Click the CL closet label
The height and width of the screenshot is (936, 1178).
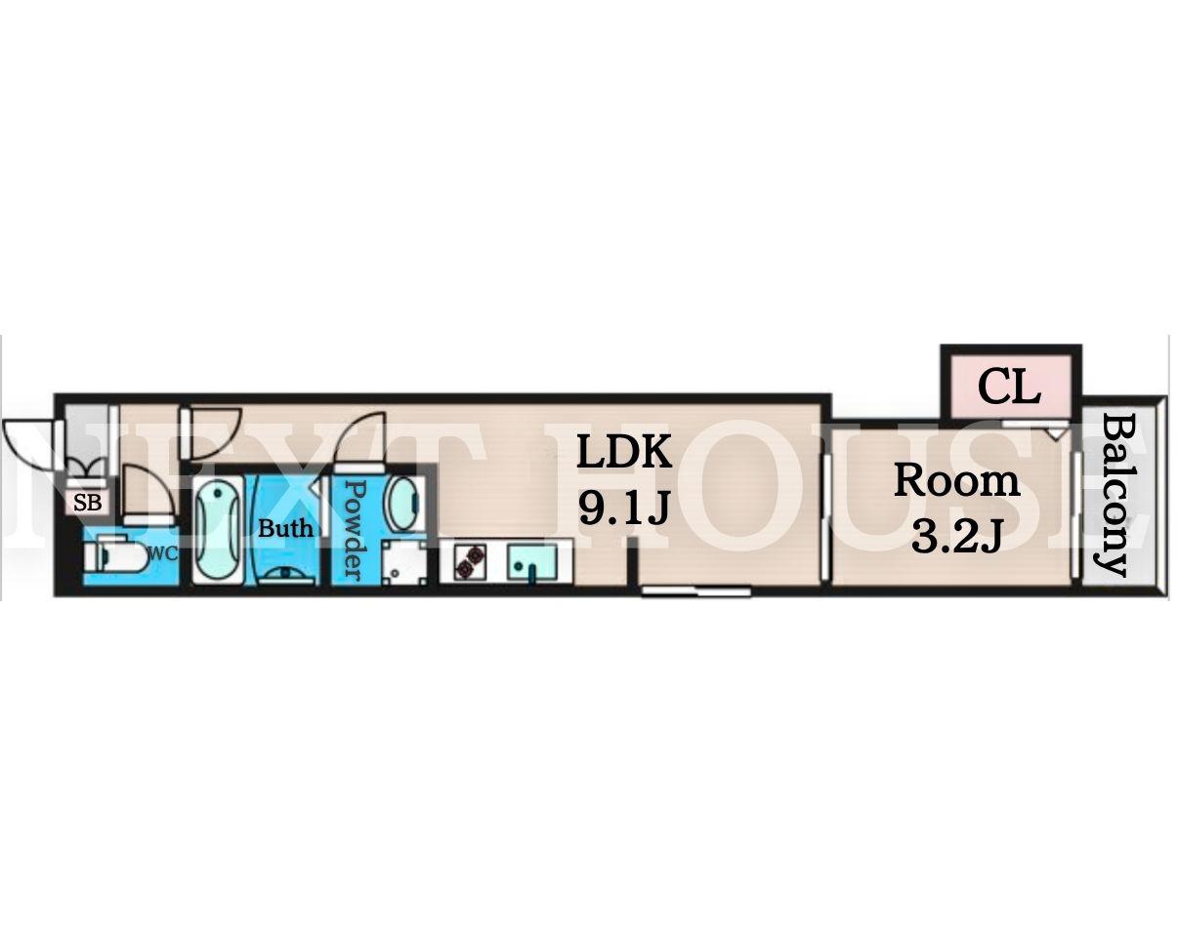point(1009,387)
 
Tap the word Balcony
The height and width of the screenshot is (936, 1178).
point(1115,496)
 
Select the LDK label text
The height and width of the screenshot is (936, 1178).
point(624,452)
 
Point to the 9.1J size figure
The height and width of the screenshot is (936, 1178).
point(624,507)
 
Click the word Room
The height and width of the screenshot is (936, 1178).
point(957,480)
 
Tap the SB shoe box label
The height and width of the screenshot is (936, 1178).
point(88,503)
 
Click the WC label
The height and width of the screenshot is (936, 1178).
point(164,554)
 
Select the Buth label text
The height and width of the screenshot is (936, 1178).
point(285,528)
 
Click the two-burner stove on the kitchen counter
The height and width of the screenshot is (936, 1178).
point(470,562)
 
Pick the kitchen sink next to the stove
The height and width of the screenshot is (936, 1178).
point(531,562)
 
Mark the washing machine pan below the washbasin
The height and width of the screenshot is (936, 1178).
point(404,563)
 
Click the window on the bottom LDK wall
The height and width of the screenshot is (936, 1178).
point(696,590)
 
